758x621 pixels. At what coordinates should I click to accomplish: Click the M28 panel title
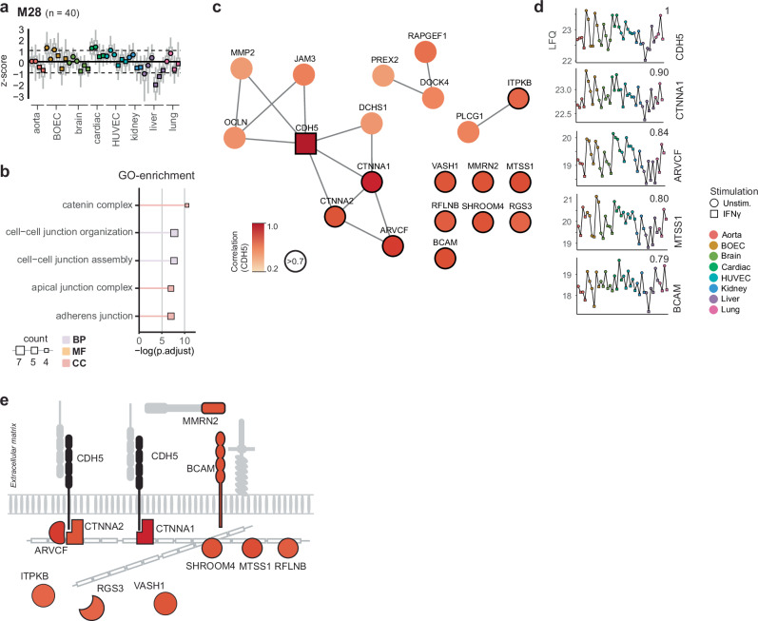pos(29,10)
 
